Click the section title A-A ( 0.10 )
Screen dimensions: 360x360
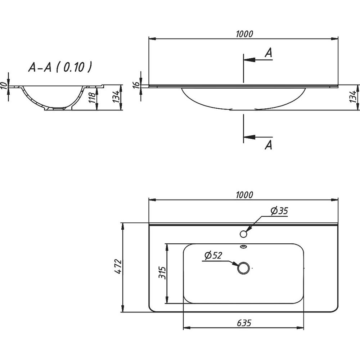click(x=59, y=67)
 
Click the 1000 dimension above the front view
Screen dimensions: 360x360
click(x=244, y=34)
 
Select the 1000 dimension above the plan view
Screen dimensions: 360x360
click(x=244, y=195)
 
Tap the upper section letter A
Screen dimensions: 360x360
click(x=268, y=53)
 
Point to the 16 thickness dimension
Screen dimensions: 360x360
click(x=136, y=85)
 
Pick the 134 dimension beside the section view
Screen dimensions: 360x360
click(x=116, y=97)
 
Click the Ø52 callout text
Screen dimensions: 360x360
click(x=213, y=256)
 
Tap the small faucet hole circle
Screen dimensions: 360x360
click(x=243, y=234)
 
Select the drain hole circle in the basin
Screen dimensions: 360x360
click(x=243, y=268)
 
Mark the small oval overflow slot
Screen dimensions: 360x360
click(x=243, y=247)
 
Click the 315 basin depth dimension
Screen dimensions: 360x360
click(x=162, y=273)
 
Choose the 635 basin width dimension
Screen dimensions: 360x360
click(x=244, y=323)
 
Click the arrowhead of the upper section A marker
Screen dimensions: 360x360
click(x=248, y=60)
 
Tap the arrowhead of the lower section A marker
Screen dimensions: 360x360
click(x=248, y=137)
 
